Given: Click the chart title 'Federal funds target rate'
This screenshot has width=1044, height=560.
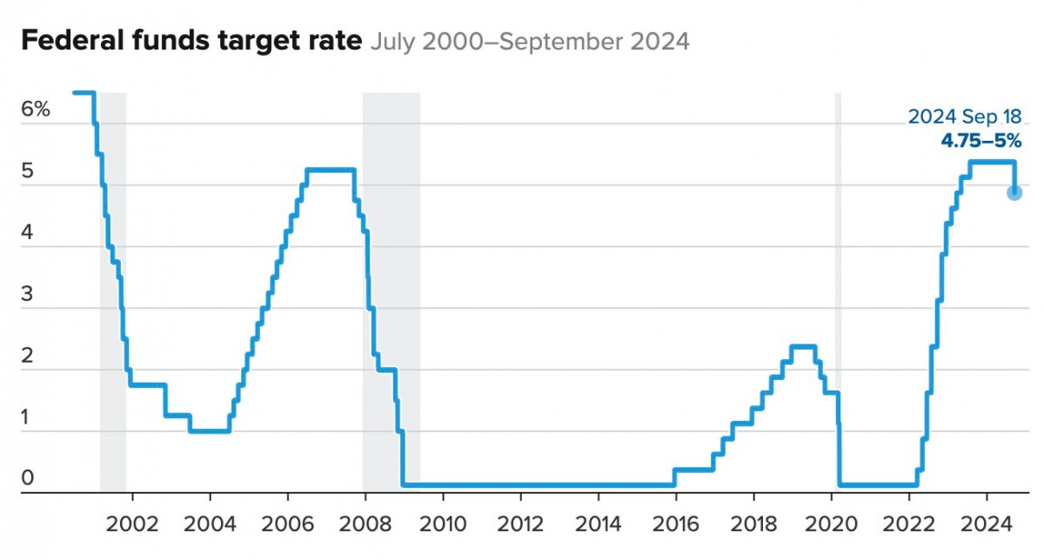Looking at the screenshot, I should (x=191, y=41).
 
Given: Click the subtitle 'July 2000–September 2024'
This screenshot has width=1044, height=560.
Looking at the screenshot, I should (x=530, y=42).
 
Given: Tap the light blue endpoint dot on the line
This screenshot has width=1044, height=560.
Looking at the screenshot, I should (x=1014, y=192).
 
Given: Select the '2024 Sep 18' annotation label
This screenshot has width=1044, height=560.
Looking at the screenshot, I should (x=964, y=117).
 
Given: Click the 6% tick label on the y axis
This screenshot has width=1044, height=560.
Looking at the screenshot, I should (x=36, y=110).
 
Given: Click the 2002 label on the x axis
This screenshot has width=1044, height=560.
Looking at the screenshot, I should (x=133, y=525).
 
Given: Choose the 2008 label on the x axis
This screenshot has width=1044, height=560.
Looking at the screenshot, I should (x=365, y=525).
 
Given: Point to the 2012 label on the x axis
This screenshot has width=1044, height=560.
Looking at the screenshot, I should (x=520, y=525).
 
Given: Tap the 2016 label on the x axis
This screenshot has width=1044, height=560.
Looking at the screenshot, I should (x=675, y=525).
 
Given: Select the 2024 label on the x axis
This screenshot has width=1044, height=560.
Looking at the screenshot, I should (x=986, y=525).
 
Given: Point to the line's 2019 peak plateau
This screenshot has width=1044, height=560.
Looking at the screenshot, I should (x=802, y=347).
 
